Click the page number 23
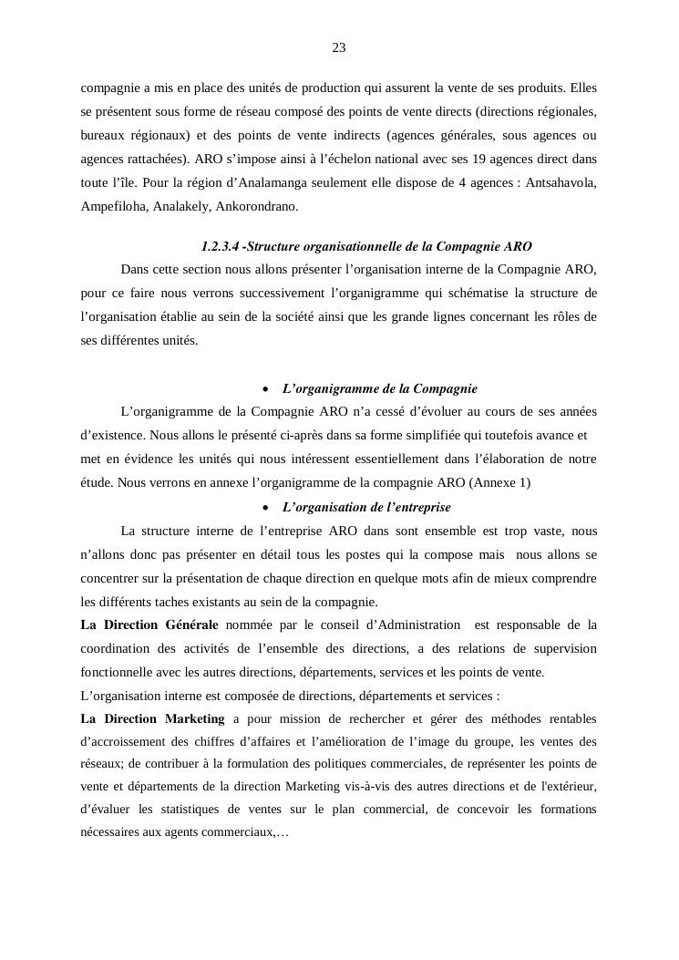point(339,47)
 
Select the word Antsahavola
point(561,182)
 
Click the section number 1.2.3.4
point(220,246)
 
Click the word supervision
point(559,648)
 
